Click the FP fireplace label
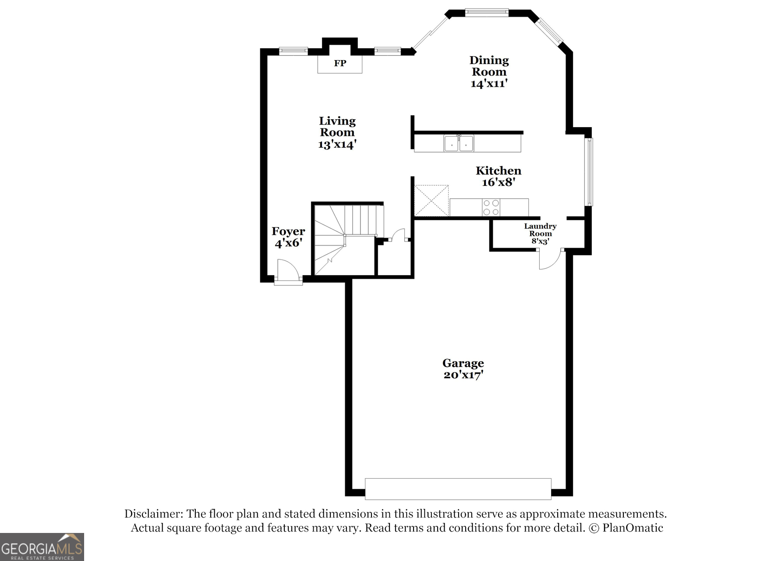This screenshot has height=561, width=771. tap(340, 64)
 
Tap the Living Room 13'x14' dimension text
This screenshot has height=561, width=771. tap(337, 144)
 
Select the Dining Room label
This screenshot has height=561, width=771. tap(489, 66)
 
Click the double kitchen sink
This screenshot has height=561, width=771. tap(459, 143)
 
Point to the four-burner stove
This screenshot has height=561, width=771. tap(491, 207)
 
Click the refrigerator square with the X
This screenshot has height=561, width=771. tap(431, 201)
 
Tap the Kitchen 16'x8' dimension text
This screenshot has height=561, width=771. tap(498, 182)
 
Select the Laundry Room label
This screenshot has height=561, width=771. tap(540, 230)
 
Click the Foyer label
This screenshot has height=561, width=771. tap(288, 231)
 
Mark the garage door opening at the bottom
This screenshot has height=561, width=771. tap(458, 489)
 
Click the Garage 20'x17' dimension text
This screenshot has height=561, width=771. tap(463, 375)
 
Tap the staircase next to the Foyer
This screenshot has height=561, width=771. tap(344, 239)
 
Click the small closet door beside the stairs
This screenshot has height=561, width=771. tap(398, 235)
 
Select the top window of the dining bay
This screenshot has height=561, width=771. tap(486, 13)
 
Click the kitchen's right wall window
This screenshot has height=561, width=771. tap(589, 172)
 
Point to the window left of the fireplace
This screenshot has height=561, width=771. tap(293, 51)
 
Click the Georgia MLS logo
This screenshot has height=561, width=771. tap(42, 547)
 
